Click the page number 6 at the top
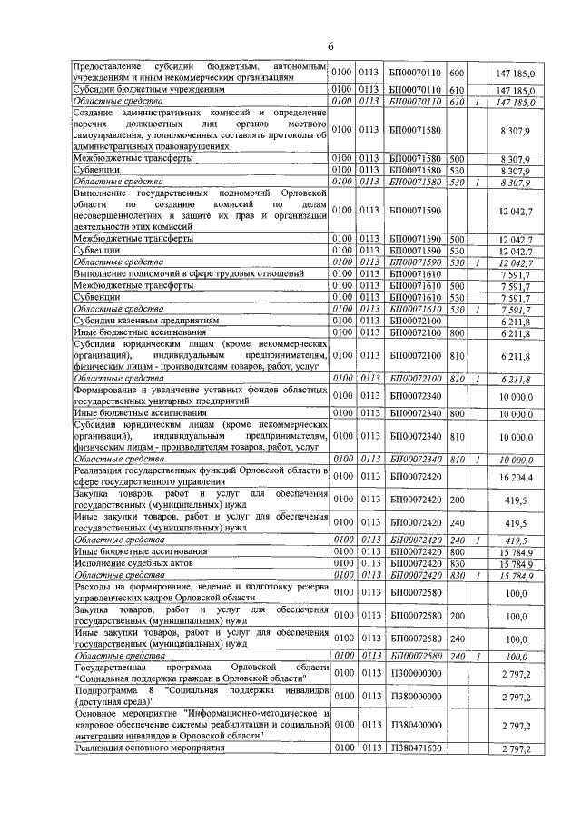pyautogui.click(x=331, y=46)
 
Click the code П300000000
pyautogui.click(x=414, y=671)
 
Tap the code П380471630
pyautogui.click(x=414, y=748)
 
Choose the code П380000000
pyautogui.click(x=414, y=696)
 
